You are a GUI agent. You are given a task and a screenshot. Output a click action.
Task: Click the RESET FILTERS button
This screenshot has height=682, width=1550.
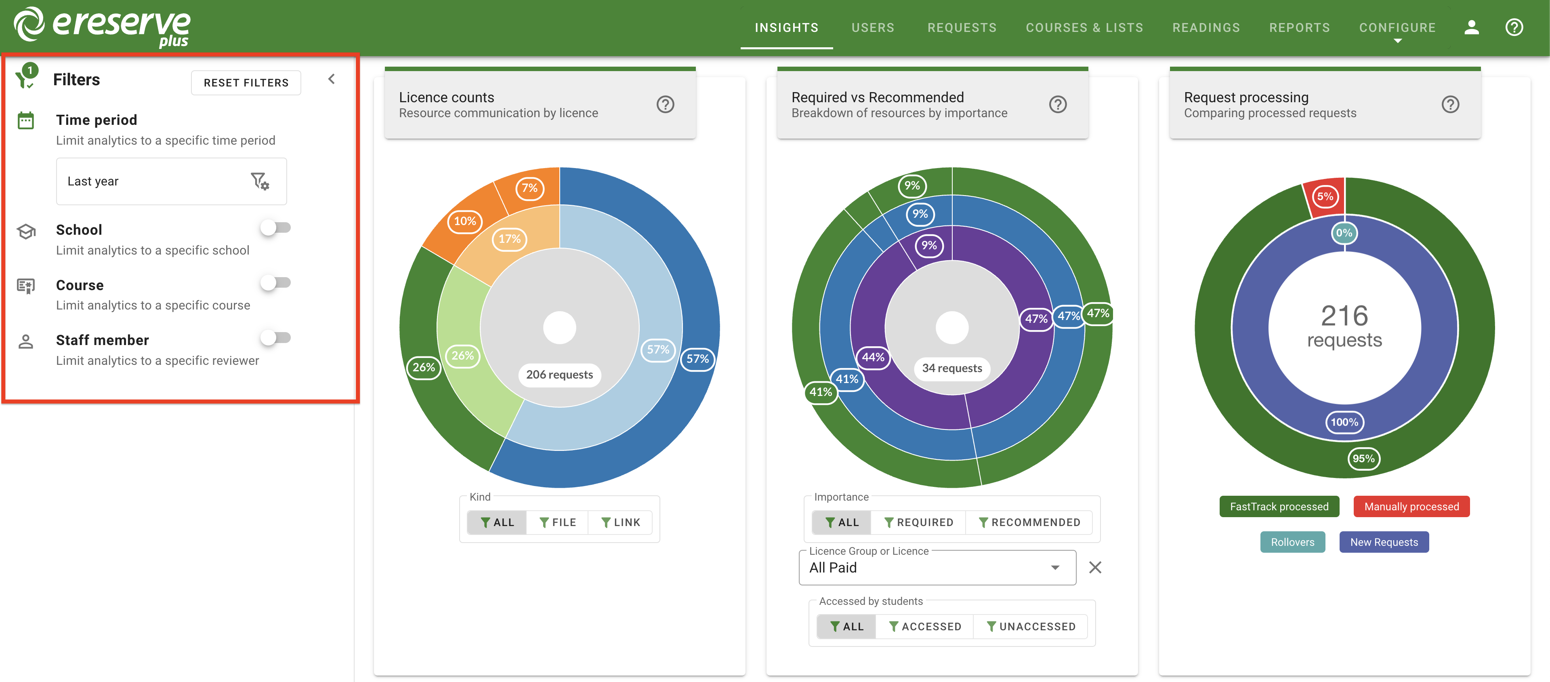click(x=246, y=82)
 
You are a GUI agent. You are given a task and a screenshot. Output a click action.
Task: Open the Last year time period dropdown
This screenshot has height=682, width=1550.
click(x=171, y=181)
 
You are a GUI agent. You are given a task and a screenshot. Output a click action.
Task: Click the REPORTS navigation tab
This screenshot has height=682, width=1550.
click(x=1299, y=28)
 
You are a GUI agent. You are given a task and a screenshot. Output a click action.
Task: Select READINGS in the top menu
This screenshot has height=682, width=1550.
click(x=1206, y=28)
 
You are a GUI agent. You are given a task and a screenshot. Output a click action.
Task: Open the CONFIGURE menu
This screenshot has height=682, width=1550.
click(x=1397, y=28)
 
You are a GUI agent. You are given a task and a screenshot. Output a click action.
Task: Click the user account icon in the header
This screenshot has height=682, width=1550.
click(x=1471, y=28)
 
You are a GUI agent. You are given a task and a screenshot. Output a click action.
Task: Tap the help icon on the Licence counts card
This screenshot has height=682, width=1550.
click(x=665, y=105)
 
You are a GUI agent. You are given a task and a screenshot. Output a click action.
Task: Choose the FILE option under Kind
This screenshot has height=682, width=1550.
click(x=558, y=522)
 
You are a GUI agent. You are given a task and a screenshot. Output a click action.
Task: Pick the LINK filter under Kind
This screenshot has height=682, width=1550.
click(x=621, y=522)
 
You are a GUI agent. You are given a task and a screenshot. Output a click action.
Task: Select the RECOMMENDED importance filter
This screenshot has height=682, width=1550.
click(x=1029, y=522)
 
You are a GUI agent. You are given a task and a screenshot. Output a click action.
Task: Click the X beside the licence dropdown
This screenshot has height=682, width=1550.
click(x=1095, y=568)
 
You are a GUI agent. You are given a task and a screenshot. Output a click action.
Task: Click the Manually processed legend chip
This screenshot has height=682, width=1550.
click(x=1411, y=507)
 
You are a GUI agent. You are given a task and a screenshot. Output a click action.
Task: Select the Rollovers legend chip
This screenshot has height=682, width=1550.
click(x=1292, y=542)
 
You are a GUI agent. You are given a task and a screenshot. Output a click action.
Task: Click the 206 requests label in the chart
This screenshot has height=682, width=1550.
click(x=559, y=375)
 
